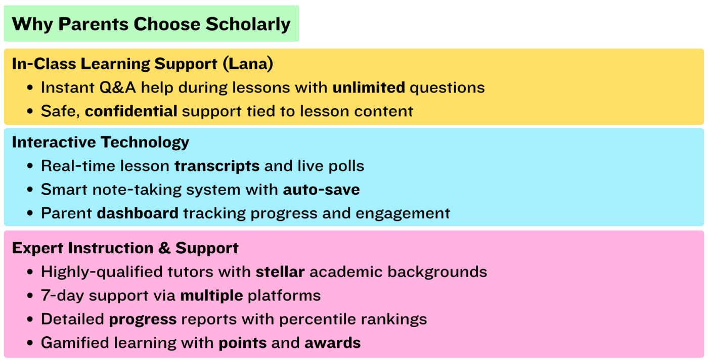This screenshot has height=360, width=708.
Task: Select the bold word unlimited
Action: click(x=369, y=87)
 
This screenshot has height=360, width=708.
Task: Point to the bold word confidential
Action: click(x=131, y=111)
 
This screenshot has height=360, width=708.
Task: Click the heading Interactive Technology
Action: click(x=100, y=142)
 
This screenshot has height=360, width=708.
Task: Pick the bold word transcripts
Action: click(x=217, y=166)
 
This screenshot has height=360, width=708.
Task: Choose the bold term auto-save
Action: click(x=321, y=190)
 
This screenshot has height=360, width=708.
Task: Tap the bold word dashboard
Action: click(x=138, y=213)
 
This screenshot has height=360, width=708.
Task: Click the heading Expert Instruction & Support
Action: click(x=125, y=248)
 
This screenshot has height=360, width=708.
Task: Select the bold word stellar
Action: click(x=280, y=272)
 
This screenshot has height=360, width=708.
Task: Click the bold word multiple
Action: click(x=211, y=295)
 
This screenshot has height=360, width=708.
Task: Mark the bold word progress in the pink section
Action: click(x=143, y=319)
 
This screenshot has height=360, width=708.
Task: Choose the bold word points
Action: click(x=242, y=343)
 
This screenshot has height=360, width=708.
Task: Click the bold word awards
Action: click(x=332, y=343)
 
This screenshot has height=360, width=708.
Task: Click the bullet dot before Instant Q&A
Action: click(x=31, y=88)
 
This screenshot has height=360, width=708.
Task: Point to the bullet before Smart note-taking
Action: click(x=31, y=190)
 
